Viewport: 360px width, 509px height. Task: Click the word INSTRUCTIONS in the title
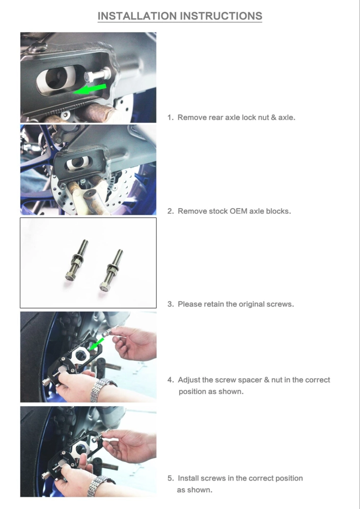point(221,16)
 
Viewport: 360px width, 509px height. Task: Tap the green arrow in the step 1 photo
point(90,89)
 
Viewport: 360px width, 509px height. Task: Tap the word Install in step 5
point(188,478)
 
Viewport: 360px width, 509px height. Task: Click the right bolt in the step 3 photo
point(112,269)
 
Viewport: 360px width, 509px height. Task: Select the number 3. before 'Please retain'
point(171,304)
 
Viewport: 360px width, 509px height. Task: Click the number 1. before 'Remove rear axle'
point(171,118)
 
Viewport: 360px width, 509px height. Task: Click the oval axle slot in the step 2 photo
point(77,163)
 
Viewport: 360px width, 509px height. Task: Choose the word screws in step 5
point(213,478)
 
